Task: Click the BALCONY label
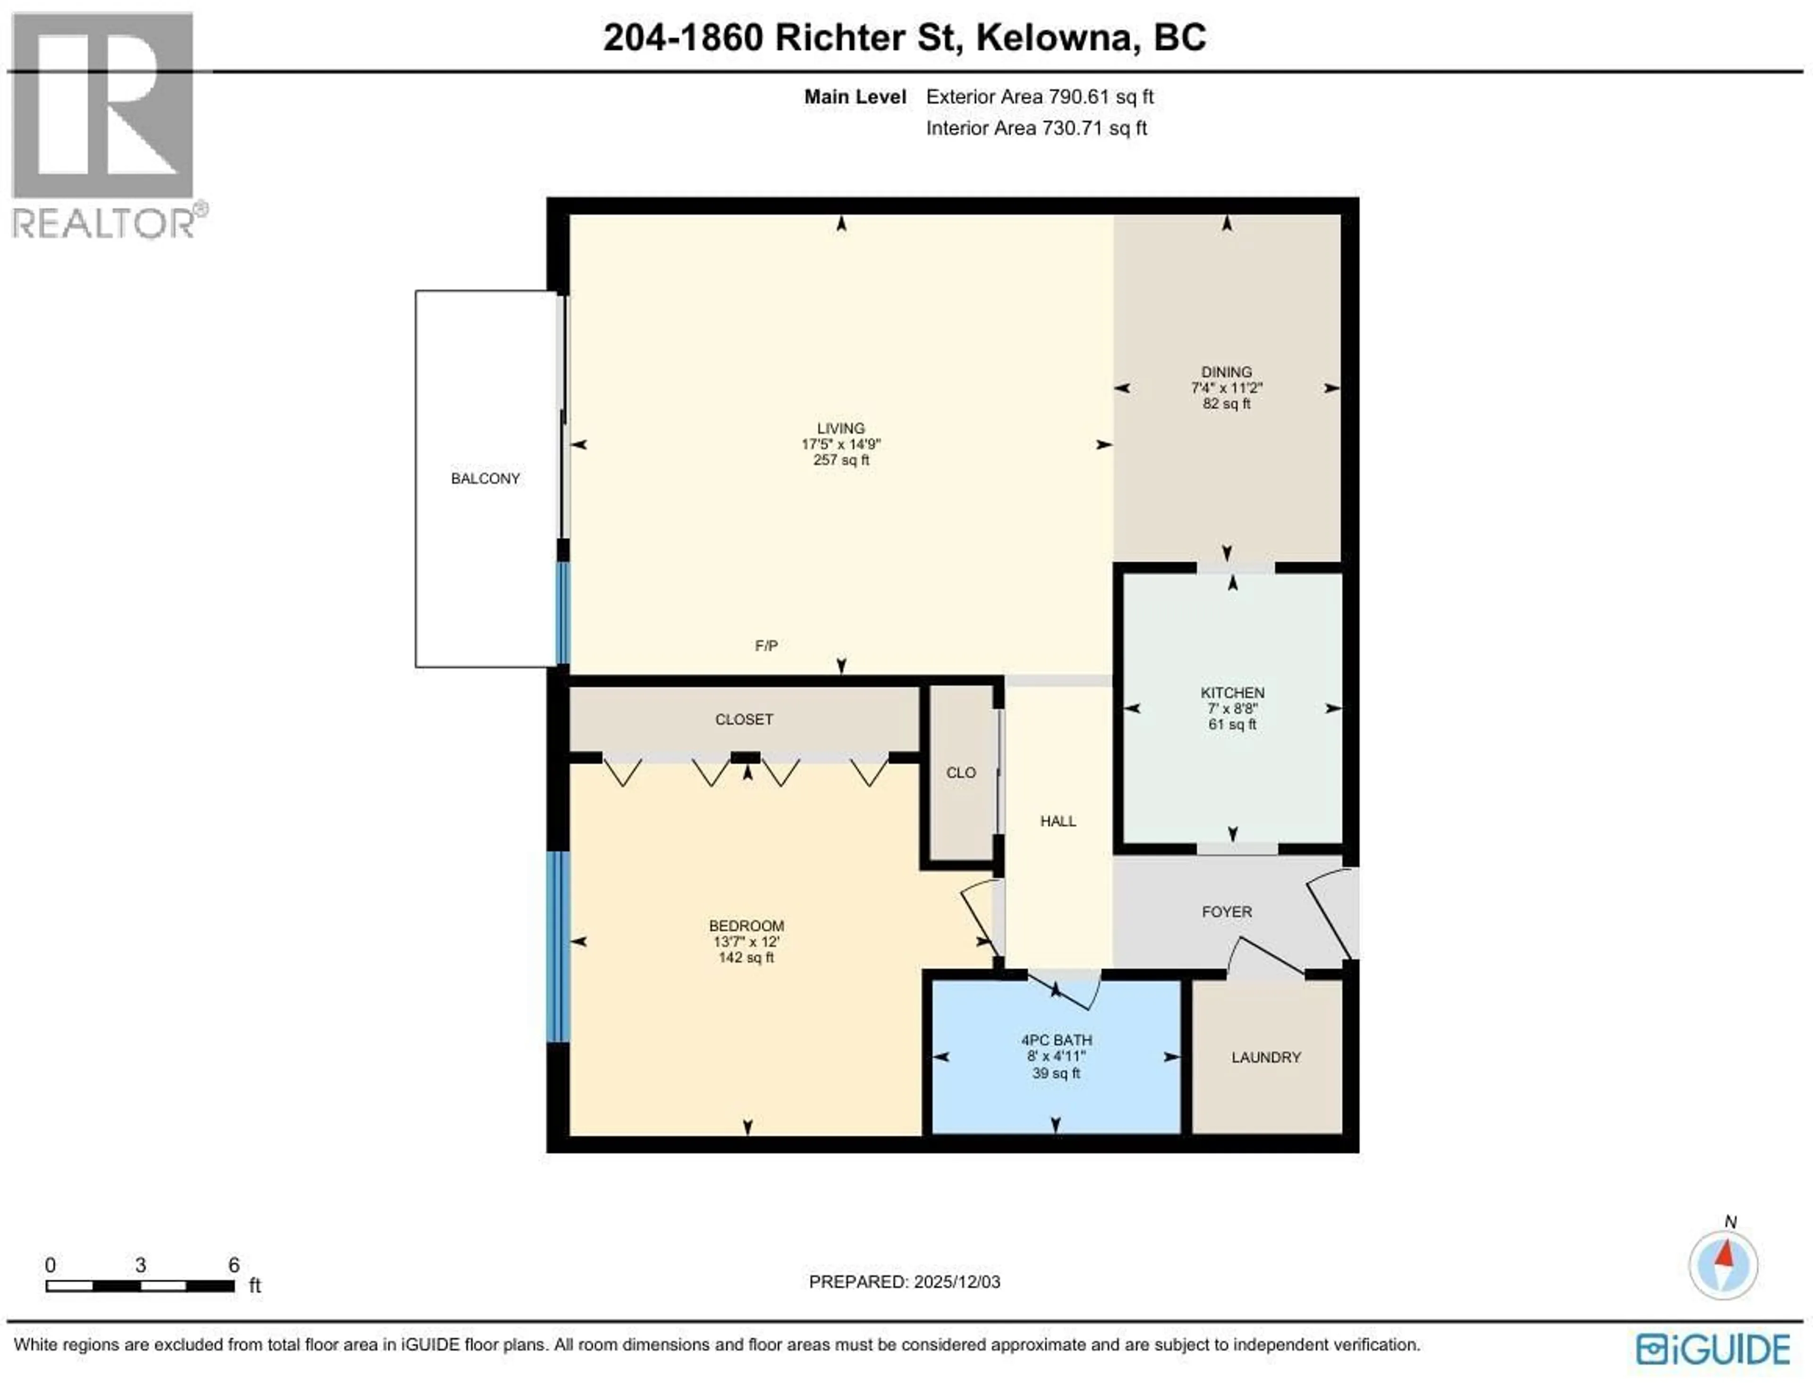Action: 485,478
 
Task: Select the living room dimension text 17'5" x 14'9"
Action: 840,444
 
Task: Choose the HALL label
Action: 1058,821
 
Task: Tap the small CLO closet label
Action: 960,772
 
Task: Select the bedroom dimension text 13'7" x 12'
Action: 746,941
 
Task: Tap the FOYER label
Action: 1227,911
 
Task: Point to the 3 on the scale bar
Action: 140,1265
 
